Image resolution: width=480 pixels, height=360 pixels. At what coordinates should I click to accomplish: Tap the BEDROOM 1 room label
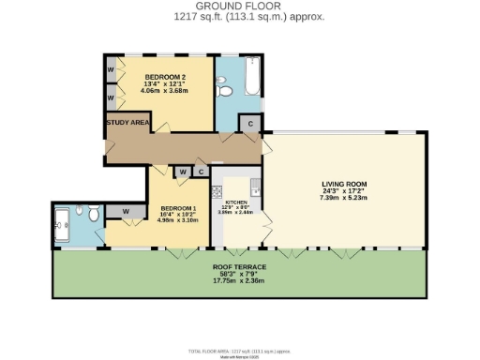[x=177, y=207]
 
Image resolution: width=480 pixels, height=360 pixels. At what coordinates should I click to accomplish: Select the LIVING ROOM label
[x=343, y=184]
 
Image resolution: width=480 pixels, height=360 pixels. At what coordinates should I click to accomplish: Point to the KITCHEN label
[x=235, y=202]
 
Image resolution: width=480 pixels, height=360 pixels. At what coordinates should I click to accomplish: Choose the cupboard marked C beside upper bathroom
[x=250, y=124]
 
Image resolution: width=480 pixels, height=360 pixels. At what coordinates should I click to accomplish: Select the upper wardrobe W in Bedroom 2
[x=111, y=70]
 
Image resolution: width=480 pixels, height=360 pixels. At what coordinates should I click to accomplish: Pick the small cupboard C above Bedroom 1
[x=202, y=172]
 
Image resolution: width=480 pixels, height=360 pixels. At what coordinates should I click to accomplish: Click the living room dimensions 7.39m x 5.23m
[x=343, y=198]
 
